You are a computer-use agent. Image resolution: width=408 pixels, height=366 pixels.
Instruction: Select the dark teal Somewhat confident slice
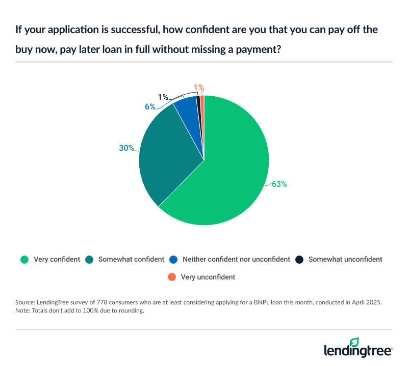[x=168, y=153]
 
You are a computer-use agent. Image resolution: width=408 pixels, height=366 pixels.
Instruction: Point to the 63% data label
[x=279, y=184]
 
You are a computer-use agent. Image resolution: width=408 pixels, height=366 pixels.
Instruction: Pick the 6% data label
[x=150, y=107]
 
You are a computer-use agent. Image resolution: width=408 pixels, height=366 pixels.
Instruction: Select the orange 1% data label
[x=199, y=87]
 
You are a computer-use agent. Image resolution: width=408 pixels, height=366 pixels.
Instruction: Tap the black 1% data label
[x=163, y=97]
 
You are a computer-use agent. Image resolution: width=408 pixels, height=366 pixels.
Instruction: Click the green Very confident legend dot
[x=24, y=259]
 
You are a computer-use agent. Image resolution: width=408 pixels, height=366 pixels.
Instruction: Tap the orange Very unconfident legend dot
[x=172, y=277]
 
